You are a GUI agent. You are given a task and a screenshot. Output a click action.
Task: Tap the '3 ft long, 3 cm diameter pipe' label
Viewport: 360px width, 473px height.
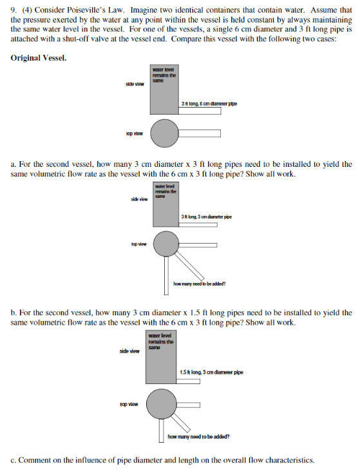click(207, 217)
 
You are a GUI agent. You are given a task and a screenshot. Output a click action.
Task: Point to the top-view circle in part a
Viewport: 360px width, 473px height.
click(167, 244)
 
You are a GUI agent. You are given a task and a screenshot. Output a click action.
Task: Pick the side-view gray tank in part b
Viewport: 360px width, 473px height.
click(164, 358)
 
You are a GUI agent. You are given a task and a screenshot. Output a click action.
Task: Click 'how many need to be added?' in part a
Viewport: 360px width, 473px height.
click(200, 284)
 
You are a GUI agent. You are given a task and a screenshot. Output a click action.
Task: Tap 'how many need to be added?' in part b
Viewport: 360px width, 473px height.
click(198, 437)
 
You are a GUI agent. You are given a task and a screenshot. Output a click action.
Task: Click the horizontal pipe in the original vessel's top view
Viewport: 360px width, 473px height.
click(200, 133)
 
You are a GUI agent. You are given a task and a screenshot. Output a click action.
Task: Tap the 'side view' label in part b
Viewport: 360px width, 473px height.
click(129, 351)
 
